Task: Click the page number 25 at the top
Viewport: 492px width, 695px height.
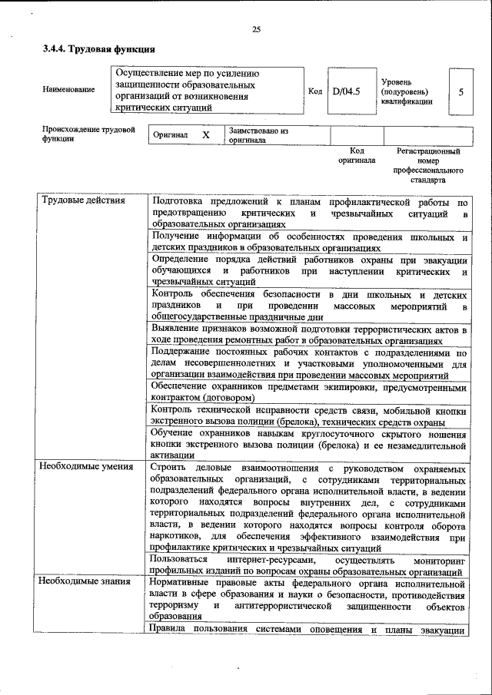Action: pos(256,29)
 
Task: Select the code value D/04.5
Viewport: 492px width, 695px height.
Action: pos(346,91)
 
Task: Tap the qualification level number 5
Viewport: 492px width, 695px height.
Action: pos(460,91)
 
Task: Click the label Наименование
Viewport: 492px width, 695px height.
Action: pos(69,90)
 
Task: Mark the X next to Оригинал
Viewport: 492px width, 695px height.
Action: pos(205,134)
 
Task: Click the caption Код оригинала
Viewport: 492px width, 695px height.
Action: pos(357,156)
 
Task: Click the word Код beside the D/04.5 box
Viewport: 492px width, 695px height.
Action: pos(314,91)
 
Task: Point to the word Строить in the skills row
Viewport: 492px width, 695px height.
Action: pos(168,466)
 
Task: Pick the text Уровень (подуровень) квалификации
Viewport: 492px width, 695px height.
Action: pos(405,91)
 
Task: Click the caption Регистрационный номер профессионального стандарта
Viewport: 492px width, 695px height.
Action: pos(428,166)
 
